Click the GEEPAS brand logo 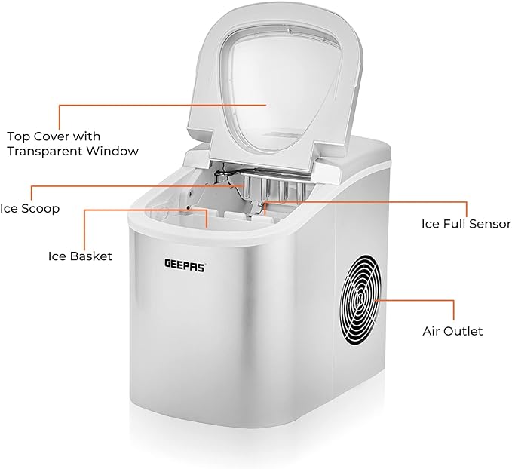click(185, 265)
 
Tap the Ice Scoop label click(29, 208)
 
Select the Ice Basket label click(80, 256)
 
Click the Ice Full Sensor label click(466, 224)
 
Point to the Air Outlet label click(452, 331)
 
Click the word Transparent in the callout click(45, 152)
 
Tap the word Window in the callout click(112, 152)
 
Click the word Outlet click(464, 331)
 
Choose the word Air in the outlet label click(432, 331)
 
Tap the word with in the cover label click(85, 136)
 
